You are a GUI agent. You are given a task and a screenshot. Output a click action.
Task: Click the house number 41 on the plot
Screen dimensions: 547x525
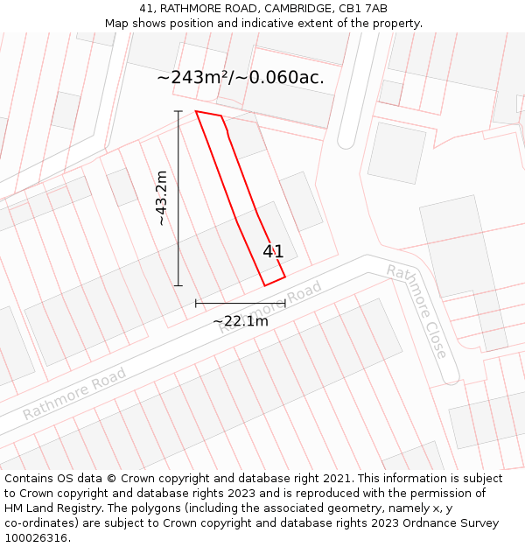(x=273, y=252)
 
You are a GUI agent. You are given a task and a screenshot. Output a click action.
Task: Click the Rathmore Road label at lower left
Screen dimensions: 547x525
(x=74, y=393)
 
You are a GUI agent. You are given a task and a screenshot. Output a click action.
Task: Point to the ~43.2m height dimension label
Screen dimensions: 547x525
(x=162, y=198)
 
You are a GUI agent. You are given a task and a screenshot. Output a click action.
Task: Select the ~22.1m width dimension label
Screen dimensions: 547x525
(x=241, y=321)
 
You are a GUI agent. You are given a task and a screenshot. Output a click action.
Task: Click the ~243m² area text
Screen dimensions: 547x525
(x=193, y=77)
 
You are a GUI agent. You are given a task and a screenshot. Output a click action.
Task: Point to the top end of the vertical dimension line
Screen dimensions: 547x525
(x=178, y=111)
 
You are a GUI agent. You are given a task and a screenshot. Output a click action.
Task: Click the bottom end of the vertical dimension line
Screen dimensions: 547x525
(x=178, y=285)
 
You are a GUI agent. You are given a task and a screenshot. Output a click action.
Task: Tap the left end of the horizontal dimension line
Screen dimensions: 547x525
(x=196, y=303)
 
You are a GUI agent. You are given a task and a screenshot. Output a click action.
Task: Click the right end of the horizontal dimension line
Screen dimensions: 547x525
(x=285, y=303)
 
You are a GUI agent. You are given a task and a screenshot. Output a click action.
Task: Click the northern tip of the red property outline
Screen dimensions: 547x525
(x=196, y=111)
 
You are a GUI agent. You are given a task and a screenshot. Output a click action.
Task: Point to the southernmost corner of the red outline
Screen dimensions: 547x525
(x=265, y=285)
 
